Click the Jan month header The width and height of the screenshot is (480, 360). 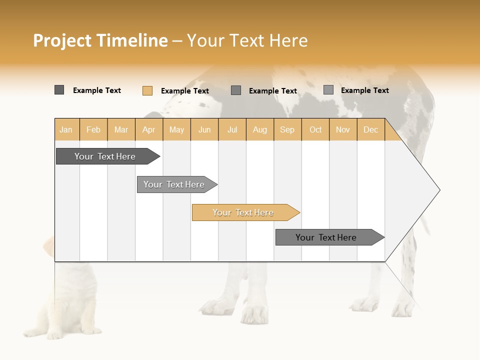[66, 129]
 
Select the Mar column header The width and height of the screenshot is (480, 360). [121, 129]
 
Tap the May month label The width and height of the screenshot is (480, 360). [176, 129]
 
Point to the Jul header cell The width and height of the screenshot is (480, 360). [232, 129]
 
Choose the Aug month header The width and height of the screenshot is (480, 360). [259, 129]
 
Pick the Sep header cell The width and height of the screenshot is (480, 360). [287, 129]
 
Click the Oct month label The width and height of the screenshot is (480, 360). [315, 129]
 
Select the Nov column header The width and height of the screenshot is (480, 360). [342, 129]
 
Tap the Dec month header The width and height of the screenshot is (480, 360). [370, 129]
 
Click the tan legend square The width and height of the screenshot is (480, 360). [147, 90]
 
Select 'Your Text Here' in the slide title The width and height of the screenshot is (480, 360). [247, 41]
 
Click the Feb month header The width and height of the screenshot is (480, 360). [93, 129]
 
